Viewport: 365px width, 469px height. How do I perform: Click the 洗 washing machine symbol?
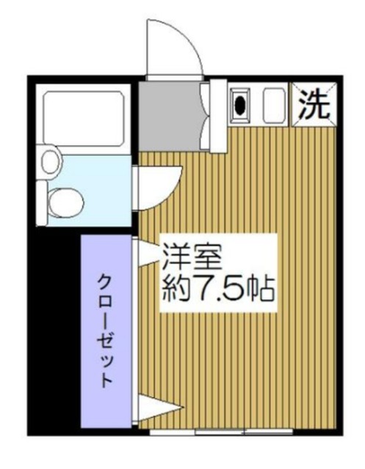coord(314,105)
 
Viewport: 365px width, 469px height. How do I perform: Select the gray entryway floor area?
coord(168,113)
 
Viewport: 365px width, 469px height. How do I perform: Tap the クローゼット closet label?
coord(106,330)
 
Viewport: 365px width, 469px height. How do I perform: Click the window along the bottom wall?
coord(220,432)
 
